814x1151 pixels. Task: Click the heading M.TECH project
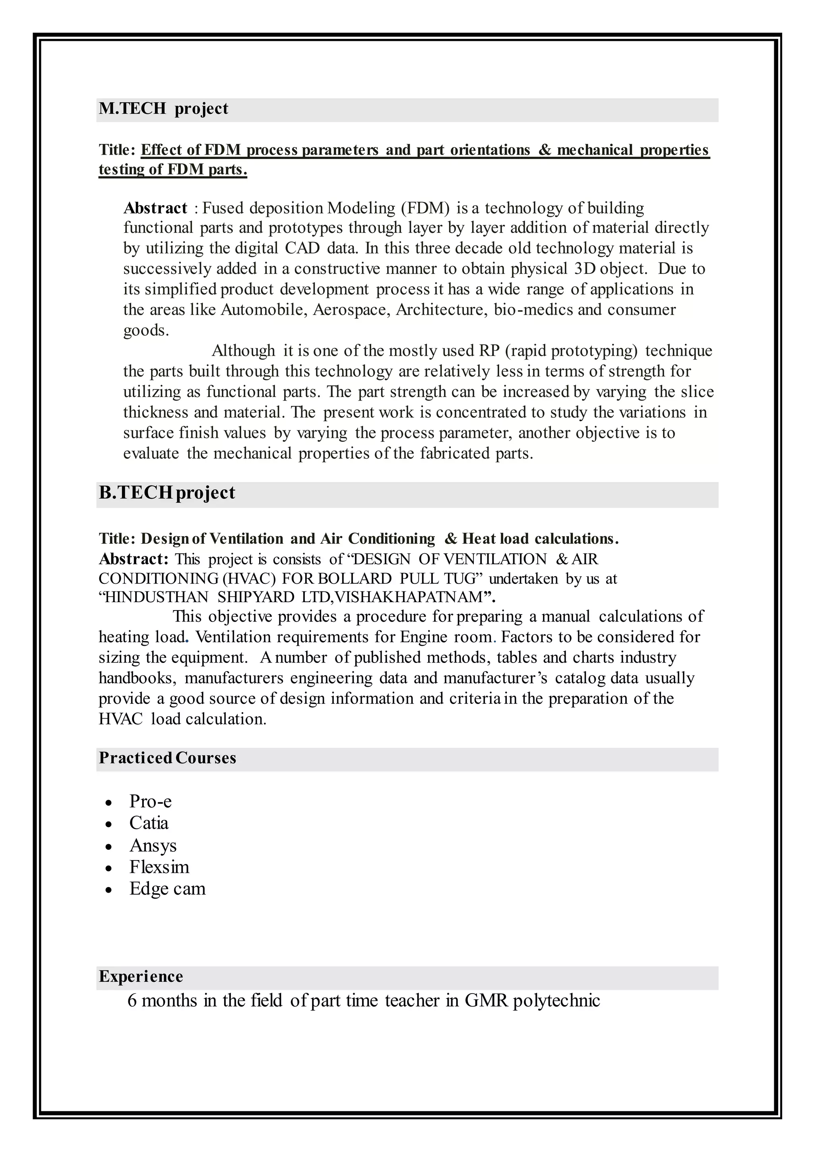click(163, 109)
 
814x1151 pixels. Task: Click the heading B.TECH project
click(167, 493)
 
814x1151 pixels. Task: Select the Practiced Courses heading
click(167, 758)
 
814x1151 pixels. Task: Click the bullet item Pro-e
click(150, 801)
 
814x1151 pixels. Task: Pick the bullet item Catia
click(149, 823)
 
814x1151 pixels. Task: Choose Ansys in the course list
click(153, 845)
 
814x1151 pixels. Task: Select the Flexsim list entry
click(159, 867)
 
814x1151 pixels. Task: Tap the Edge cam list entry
click(167, 888)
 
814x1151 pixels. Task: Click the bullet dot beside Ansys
click(109, 847)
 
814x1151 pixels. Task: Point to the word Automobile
click(264, 310)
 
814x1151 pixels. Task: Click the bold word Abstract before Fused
click(155, 208)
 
